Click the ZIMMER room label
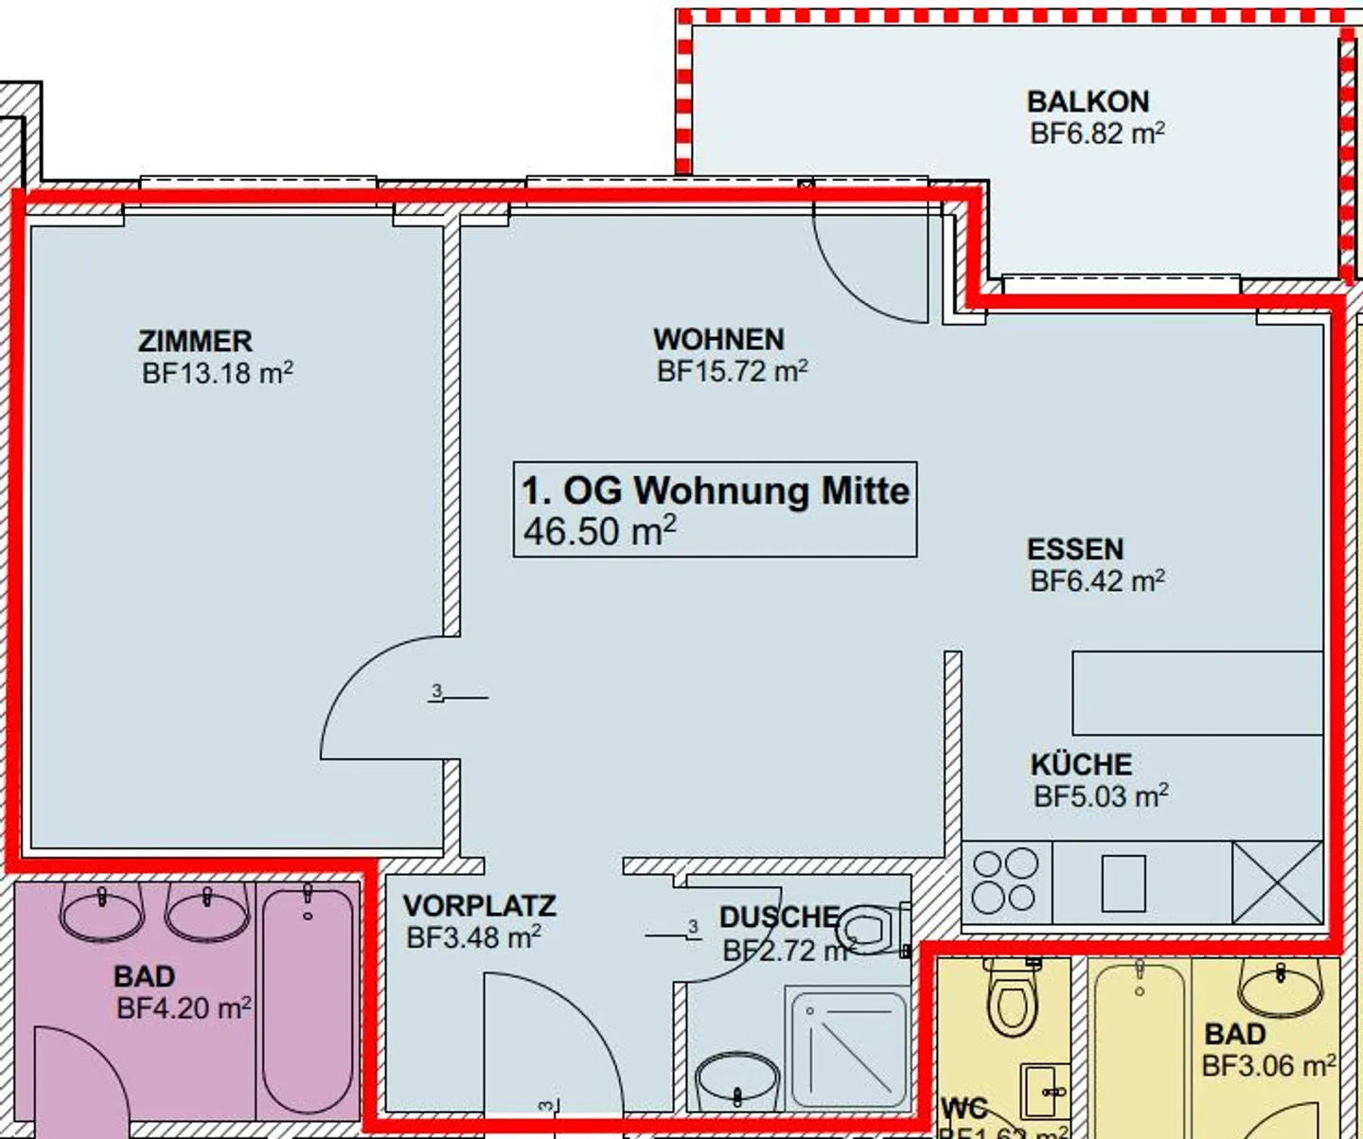coord(195,341)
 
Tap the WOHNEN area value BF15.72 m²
coord(732,371)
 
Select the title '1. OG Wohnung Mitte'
coord(716,490)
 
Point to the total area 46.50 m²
coord(599,531)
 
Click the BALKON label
coord(1088,101)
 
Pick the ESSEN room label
coord(1075,549)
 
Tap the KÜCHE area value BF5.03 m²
coord(1100,796)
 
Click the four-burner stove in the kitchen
coord(1005,881)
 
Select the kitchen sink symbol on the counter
coord(1124,883)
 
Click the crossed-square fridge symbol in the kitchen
coord(1277,881)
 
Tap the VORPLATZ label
coord(479,906)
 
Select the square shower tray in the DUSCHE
coord(847,1048)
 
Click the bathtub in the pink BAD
coord(307,999)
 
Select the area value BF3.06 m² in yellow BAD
coord(1268,1066)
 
